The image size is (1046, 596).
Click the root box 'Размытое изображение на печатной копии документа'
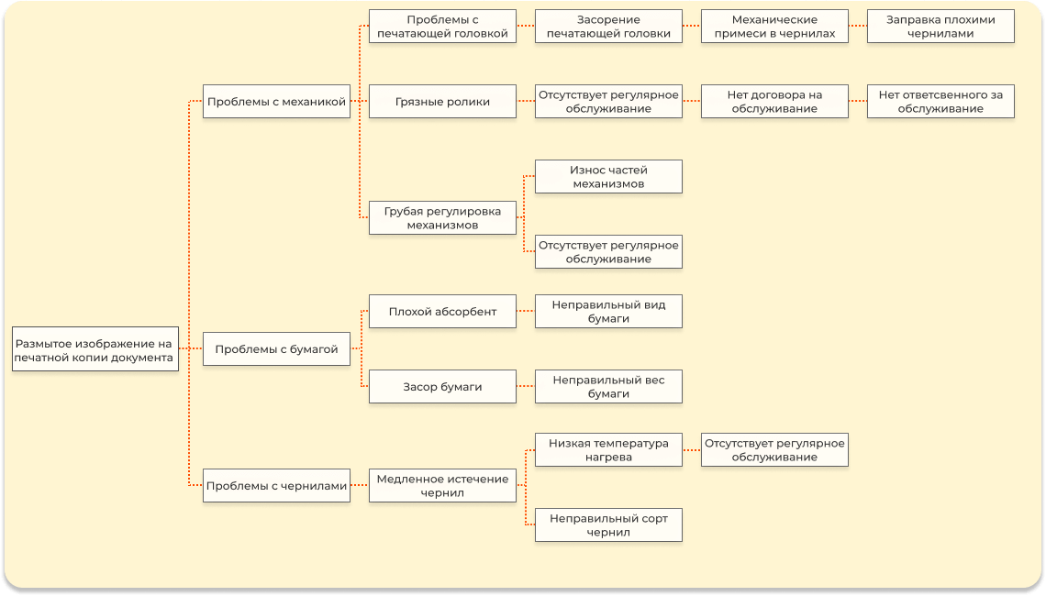[95, 349]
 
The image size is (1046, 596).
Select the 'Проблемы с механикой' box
[276, 102]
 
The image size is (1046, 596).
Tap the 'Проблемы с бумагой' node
[276, 349]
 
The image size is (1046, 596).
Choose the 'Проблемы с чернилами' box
[276, 486]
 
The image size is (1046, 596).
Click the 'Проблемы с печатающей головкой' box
[442, 27]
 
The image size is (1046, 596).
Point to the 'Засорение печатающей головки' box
[608, 27]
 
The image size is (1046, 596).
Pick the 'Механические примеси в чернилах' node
[774, 27]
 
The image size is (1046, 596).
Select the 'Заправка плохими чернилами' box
[940, 27]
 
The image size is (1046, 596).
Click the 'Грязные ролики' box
[442, 102]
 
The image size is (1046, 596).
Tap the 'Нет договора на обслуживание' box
[774, 102]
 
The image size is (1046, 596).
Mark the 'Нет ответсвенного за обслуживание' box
[940, 102]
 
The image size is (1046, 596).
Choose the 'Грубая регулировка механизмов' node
[442, 218]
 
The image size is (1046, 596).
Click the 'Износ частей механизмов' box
[608, 177]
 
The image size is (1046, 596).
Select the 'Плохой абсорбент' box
[442, 312]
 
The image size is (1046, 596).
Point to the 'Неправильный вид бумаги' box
[608, 312]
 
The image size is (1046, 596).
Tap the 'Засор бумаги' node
[442, 387]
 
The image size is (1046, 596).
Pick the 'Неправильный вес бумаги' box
[608, 387]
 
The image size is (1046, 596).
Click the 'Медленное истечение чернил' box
[442, 486]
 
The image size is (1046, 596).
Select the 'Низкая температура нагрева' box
[608, 450]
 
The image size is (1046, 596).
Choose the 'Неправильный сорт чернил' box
[608, 525]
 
